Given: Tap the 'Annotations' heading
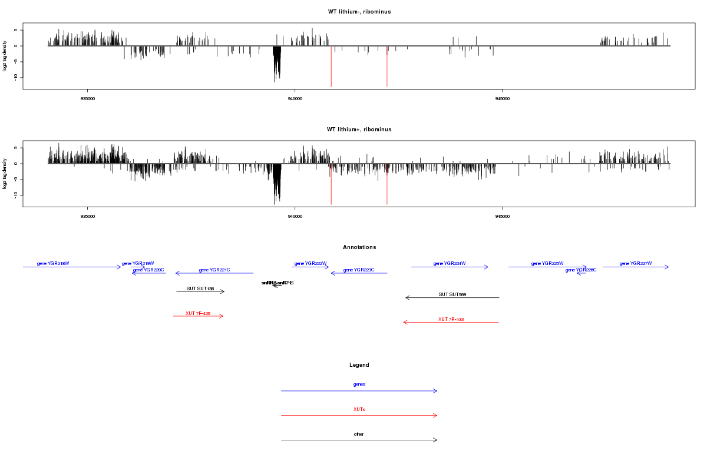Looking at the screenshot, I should click(x=359, y=247).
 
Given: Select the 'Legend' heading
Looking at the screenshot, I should click(x=359, y=365).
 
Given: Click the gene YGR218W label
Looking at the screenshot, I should click(x=53, y=263).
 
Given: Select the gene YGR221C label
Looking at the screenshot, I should click(x=214, y=270).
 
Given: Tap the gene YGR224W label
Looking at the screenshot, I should click(x=450, y=263).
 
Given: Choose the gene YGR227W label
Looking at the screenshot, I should click(x=636, y=263).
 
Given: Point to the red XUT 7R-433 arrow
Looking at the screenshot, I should click(x=451, y=322).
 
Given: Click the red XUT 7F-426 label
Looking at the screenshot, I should click(x=198, y=313).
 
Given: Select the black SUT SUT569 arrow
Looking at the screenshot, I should click(x=452, y=297).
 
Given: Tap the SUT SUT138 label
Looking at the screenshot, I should click(x=200, y=288).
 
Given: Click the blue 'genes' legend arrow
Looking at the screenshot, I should click(x=359, y=390).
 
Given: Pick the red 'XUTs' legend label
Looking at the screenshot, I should click(x=359, y=409).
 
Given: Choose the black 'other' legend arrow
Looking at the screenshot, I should click(x=359, y=440).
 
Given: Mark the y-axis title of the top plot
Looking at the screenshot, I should click(x=5, y=57).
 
